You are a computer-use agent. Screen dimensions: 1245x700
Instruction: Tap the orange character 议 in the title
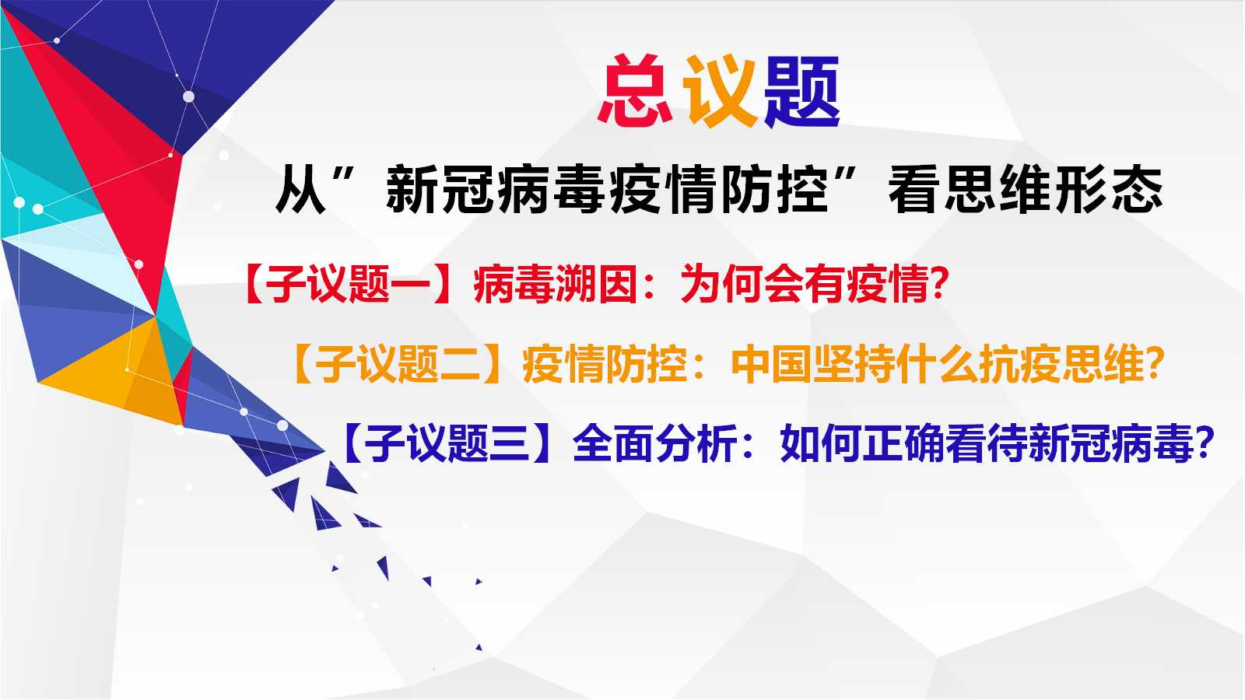721,90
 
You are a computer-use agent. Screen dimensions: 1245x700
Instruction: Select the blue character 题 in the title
801,91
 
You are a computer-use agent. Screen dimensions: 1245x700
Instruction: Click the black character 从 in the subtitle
300,191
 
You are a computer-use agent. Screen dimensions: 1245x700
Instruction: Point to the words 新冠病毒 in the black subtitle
496,191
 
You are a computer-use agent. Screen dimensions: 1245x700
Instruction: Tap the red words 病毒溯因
555,284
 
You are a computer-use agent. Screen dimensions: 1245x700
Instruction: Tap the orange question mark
1155,364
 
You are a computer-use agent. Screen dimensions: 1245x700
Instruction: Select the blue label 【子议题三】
447,444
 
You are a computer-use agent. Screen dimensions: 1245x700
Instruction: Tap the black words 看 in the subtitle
914,191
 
